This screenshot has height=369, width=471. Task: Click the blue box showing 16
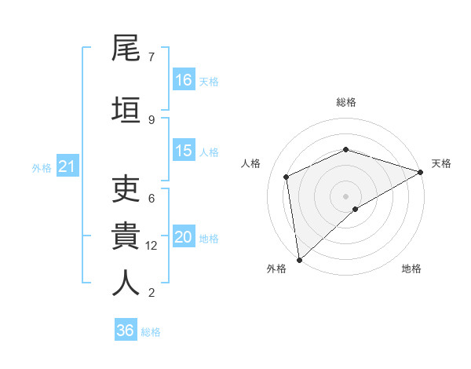[x=184, y=80]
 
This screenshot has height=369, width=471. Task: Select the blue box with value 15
[x=184, y=151]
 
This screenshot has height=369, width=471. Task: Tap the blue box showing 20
[x=184, y=238]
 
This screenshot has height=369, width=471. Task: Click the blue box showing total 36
[x=126, y=331]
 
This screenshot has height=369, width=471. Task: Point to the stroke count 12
[x=152, y=246]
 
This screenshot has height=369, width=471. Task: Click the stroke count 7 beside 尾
[x=152, y=57]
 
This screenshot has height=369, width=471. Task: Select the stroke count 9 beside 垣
[x=152, y=119]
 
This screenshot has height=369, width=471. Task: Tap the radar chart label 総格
[x=345, y=102]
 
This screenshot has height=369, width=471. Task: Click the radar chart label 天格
[x=441, y=163]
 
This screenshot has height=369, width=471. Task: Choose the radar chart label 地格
[x=411, y=269]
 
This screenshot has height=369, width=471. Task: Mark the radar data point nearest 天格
[x=421, y=172]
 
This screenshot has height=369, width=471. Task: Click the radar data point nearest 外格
[x=299, y=259]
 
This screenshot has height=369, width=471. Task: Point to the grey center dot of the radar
[x=345, y=195]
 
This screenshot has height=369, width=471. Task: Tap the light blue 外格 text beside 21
[x=42, y=168]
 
